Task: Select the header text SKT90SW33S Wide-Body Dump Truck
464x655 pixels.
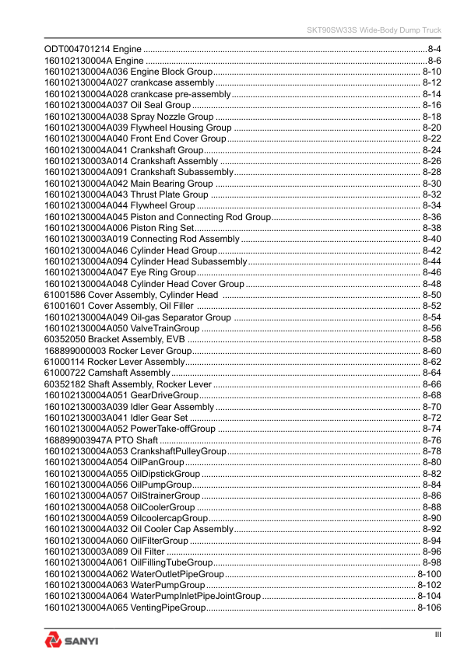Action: [x=371, y=30]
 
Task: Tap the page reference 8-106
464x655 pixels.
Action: [x=429, y=608]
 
